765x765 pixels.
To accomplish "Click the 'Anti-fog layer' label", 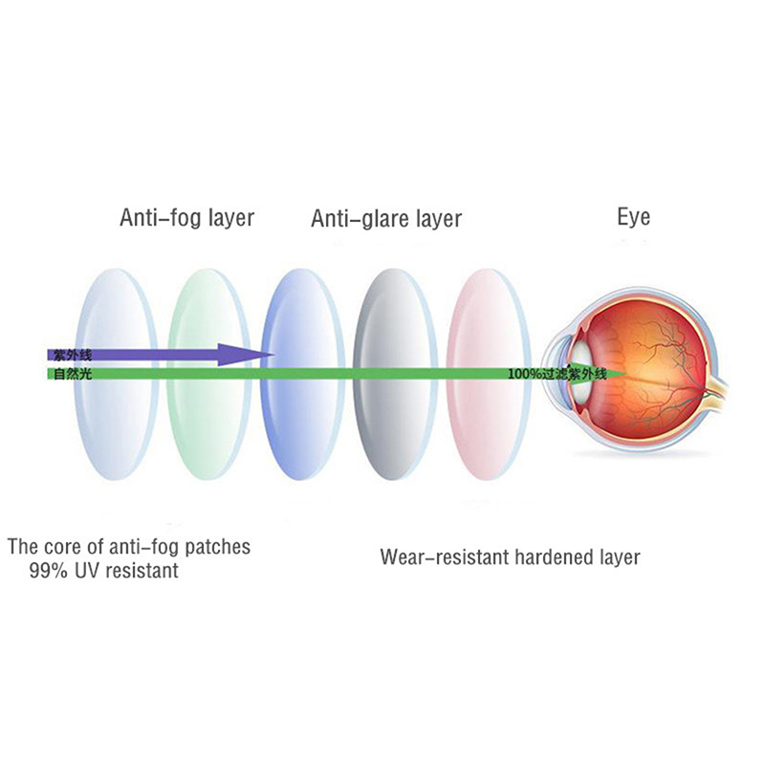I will pyautogui.click(x=186, y=217).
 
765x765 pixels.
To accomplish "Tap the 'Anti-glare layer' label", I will pyautogui.click(x=385, y=219).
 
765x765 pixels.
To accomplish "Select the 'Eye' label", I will pyautogui.click(x=633, y=217).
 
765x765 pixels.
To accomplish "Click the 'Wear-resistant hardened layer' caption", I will pyautogui.click(x=510, y=557).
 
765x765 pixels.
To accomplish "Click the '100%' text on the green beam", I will pyautogui.click(x=525, y=373).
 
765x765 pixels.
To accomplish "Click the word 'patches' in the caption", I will pyautogui.click(x=219, y=548).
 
